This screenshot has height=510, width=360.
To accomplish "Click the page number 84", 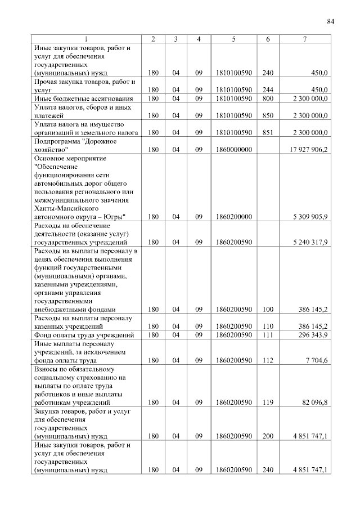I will coord(330,22).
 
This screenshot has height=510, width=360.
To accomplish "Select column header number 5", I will coord(233,39).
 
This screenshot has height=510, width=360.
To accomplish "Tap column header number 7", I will coord(304,39).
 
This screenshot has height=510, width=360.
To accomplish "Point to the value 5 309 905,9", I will coord(310,216).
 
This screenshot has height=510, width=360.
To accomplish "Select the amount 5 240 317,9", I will coord(310,242).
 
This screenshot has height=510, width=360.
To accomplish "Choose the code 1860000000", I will coord(233,151).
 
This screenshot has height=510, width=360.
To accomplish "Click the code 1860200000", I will coord(233,216).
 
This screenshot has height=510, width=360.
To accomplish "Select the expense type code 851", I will coord(268,132).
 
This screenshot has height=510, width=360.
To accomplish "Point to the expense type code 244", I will coord(268,90).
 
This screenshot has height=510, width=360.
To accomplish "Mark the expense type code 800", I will coord(268,99).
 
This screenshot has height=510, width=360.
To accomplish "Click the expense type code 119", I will coord(268,402).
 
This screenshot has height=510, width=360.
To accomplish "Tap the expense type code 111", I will coord(268,335).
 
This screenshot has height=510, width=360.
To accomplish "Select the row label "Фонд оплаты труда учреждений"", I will coord(84,335).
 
